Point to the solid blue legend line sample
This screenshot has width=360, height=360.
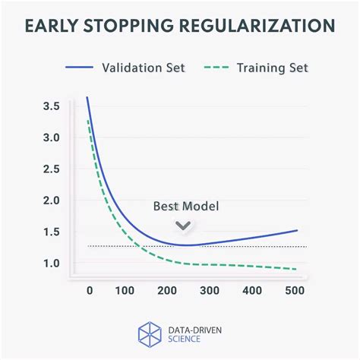click(74, 67)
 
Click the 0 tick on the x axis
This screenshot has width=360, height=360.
click(89, 290)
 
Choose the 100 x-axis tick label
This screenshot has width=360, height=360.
click(127, 290)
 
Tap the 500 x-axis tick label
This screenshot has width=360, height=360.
click(295, 290)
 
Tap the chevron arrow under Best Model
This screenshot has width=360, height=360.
click(183, 225)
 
